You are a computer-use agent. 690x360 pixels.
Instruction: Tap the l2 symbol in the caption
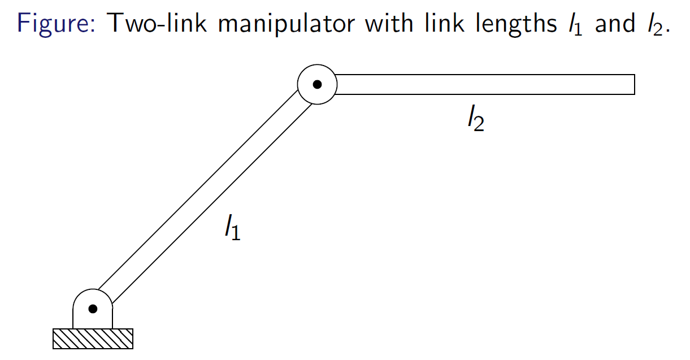point(656,24)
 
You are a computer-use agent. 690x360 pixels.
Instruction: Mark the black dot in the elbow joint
point(318,84)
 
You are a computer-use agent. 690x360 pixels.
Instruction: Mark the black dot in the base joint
point(93,309)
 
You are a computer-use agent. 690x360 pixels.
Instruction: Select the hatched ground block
point(93,339)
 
